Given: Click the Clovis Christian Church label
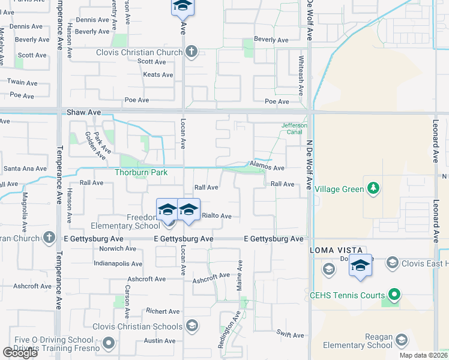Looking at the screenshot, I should (139, 52).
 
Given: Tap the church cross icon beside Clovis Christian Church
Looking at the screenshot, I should (191, 52).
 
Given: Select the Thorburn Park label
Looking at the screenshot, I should (140, 172).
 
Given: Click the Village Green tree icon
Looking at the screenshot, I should (373, 189).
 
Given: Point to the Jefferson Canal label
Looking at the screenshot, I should (294, 129).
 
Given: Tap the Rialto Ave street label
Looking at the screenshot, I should (217, 216).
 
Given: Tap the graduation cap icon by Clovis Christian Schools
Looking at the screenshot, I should (191, 326).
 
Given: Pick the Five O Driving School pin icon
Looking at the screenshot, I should (109, 343).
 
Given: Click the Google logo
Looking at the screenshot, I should (19, 353).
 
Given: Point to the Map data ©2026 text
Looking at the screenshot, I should (424, 355).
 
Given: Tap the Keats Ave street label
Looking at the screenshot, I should (158, 75).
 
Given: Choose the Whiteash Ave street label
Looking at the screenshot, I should (301, 76).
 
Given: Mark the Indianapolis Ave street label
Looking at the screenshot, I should (118, 263).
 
